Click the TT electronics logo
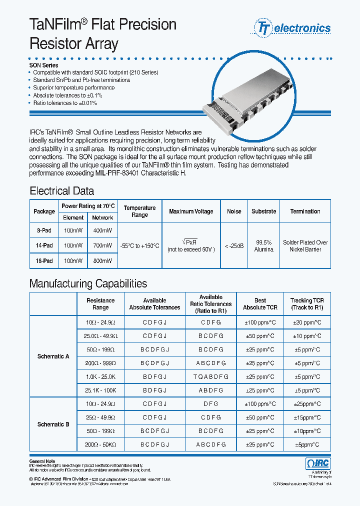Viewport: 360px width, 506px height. (293, 28)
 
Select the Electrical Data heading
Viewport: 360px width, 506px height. (61, 191)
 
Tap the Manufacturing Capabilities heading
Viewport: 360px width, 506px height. (88, 283)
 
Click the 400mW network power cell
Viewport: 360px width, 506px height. (102, 231)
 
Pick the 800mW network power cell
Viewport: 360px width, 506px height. (102, 261)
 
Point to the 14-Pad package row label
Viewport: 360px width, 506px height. (44, 246)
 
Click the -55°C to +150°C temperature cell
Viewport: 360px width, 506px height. (140, 246)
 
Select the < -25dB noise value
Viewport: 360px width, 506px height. (234, 246)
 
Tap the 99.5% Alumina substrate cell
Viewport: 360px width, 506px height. (263, 246)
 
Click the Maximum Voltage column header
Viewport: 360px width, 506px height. (191, 211)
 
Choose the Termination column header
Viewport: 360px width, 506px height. (305, 211)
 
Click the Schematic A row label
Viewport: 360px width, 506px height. (53, 356)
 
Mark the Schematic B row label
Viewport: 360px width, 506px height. (53, 424)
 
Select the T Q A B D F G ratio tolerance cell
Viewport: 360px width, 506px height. (211, 376)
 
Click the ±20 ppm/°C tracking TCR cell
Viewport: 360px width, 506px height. (307, 322)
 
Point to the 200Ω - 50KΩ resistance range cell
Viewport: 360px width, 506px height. (100, 444)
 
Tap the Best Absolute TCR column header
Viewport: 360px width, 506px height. (260, 304)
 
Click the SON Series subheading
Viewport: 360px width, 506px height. (44, 65)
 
